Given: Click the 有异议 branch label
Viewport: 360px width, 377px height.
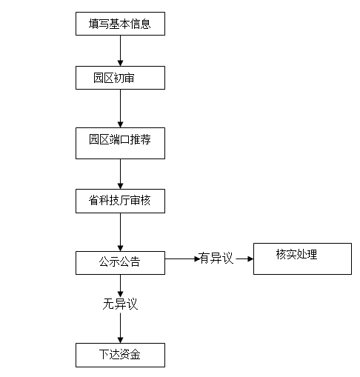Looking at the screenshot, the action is [216, 258].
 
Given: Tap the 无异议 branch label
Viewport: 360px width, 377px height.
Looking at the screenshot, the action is [120, 304].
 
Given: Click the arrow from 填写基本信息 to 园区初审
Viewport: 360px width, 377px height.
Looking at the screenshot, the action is [120, 50].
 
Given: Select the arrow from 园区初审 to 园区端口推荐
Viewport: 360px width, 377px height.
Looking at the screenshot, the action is [120, 109].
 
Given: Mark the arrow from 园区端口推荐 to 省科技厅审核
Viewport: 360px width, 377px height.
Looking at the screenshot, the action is [120, 174].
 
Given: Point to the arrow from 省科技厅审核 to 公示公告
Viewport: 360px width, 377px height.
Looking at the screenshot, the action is [120, 232].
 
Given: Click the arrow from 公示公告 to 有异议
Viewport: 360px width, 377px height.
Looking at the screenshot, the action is [182, 258].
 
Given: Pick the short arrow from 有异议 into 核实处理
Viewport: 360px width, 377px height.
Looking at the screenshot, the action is [244, 258].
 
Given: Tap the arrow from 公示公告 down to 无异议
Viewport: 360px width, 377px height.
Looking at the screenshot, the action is [120, 286].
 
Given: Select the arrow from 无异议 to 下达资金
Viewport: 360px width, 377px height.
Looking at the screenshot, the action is [120, 328].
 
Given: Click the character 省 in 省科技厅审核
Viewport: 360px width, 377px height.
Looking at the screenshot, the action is [93, 200].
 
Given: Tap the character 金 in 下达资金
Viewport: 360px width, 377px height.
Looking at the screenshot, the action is [135, 355].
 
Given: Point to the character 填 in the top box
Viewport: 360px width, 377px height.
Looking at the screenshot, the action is [93, 24].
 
